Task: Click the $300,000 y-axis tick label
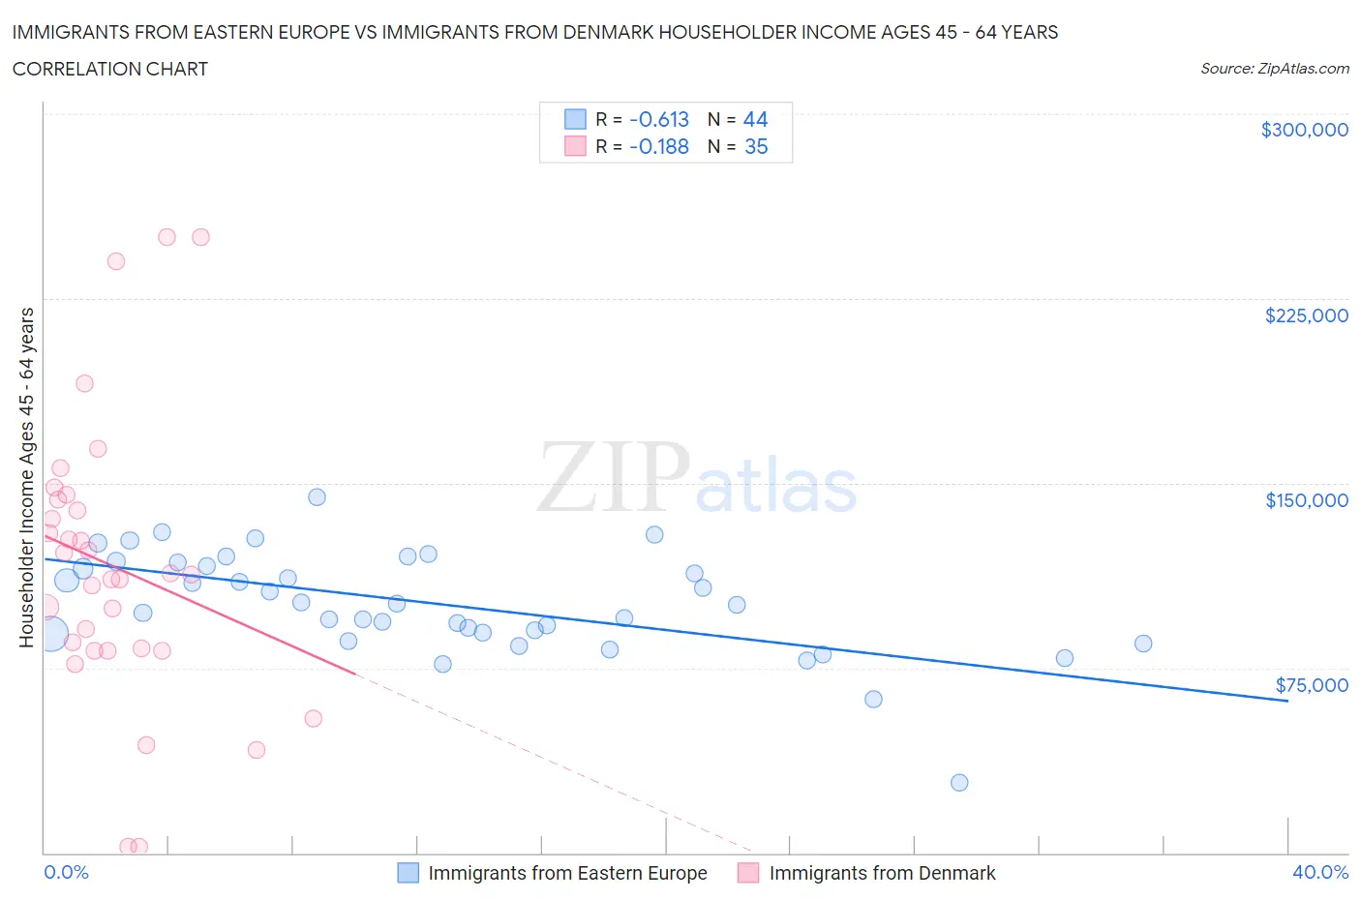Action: click(x=1304, y=130)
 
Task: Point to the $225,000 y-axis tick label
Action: click(x=1306, y=315)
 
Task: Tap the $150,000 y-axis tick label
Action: click(x=1306, y=500)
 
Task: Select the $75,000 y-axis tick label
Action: click(x=1311, y=685)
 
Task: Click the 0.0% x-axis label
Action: click(x=66, y=872)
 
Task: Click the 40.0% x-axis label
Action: click(x=1319, y=872)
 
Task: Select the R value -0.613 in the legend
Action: click(x=658, y=119)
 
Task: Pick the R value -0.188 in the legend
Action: click(x=658, y=146)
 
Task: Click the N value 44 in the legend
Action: click(x=755, y=119)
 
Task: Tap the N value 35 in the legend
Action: click(x=755, y=146)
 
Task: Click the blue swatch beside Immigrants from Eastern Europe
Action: click(x=408, y=873)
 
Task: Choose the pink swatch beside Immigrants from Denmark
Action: click(x=748, y=873)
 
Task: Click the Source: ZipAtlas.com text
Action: click(x=1274, y=69)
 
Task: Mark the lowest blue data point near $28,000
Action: click(x=959, y=783)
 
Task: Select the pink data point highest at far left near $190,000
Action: click(x=84, y=383)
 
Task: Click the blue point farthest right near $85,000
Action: click(x=1143, y=644)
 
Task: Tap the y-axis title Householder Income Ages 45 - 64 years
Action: click(x=26, y=477)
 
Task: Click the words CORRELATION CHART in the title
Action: click(x=110, y=69)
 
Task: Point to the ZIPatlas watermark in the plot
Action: click(x=697, y=479)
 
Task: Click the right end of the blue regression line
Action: click(x=1287, y=700)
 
